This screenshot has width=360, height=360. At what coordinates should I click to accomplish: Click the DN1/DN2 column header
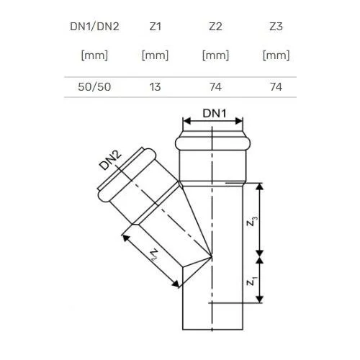94,27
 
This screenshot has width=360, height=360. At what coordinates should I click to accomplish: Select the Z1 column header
155,27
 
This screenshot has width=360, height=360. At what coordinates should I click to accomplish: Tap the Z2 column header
215,27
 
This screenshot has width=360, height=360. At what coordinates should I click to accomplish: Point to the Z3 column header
276,27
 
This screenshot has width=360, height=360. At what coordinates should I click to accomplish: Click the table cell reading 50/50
94,87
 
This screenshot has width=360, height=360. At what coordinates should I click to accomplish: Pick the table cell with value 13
155,87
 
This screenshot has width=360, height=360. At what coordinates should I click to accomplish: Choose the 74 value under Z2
215,87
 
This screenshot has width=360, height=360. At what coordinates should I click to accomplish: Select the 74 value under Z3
276,87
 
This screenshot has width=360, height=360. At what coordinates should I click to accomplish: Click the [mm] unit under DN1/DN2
94,55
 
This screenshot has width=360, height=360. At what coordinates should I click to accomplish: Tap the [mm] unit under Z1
155,55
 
